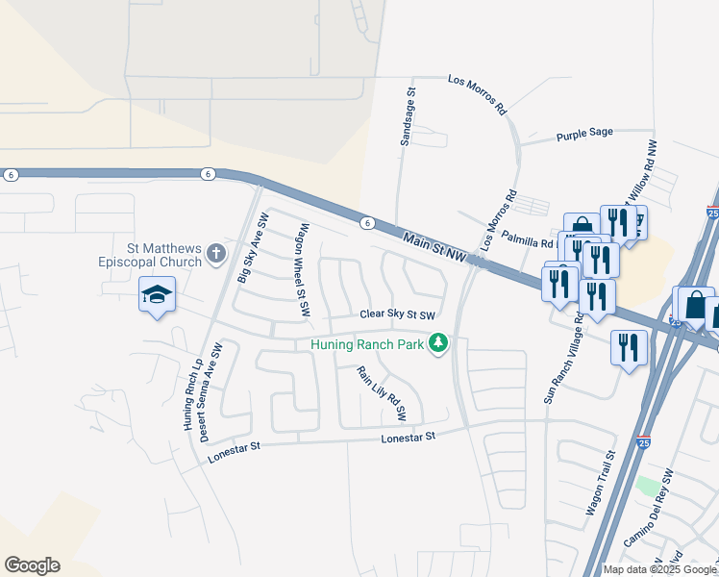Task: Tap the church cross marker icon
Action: pyautogui.click(x=216, y=255)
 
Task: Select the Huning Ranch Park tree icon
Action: pyautogui.click(x=438, y=343)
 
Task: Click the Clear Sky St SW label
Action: pyautogui.click(x=398, y=314)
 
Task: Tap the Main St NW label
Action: pyautogui.click(x=434, y=244)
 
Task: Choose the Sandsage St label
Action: pyautogui.click(x=408, y=117)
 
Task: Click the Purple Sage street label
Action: pyautogui.click(x=584, y=137)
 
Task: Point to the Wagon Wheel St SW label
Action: pyautogui.click(x=304, y=271)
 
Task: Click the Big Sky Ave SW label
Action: pyautogui.click(x=254, y=248)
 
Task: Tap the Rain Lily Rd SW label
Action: pyautogui.click(x=382, y=394)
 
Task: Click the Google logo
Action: pyautogui.click(x=32, y=565)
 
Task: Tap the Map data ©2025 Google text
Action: pyautogui.click(x=659, y=569)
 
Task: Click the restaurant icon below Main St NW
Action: pyautogui.click(x=629, y=348)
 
